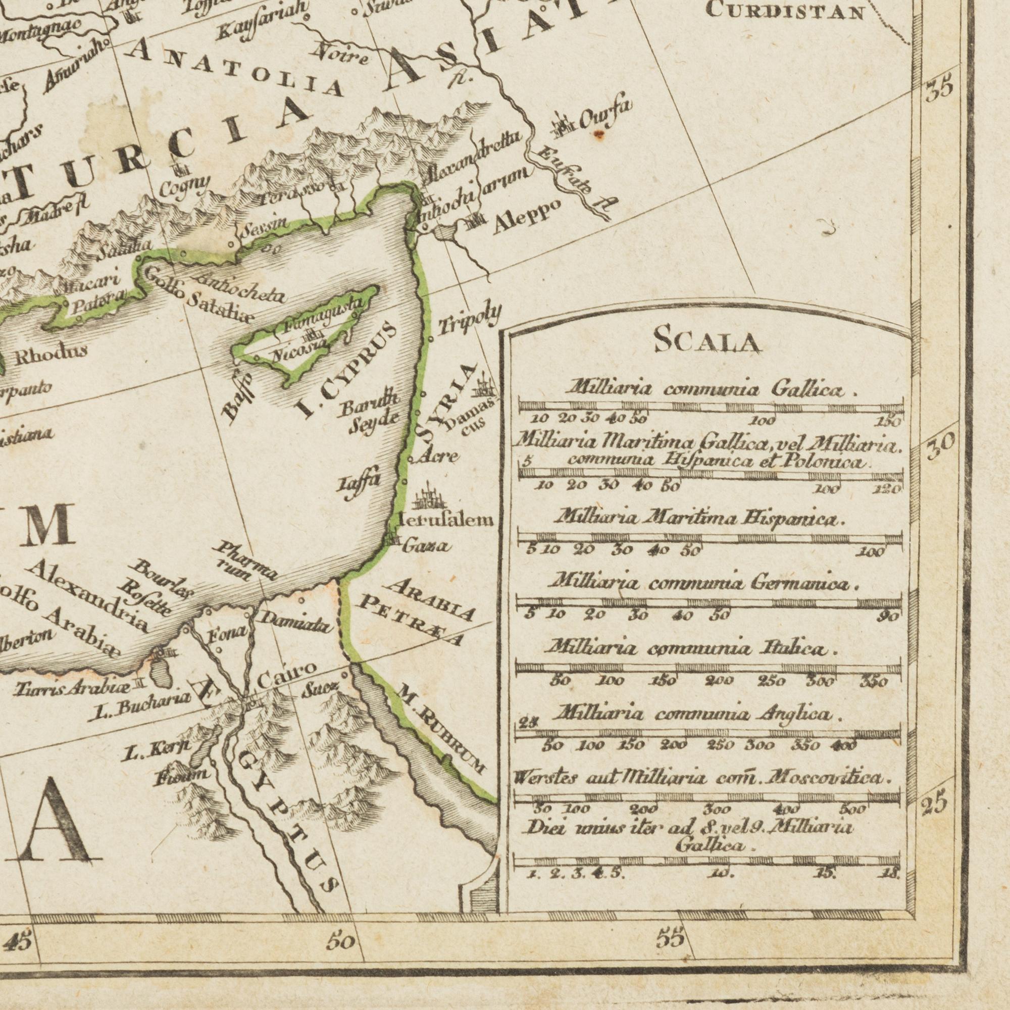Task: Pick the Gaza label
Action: [x=425, y=546]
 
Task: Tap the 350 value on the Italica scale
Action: [x=875, y=682]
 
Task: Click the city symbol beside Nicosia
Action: [x=312, y=332]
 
